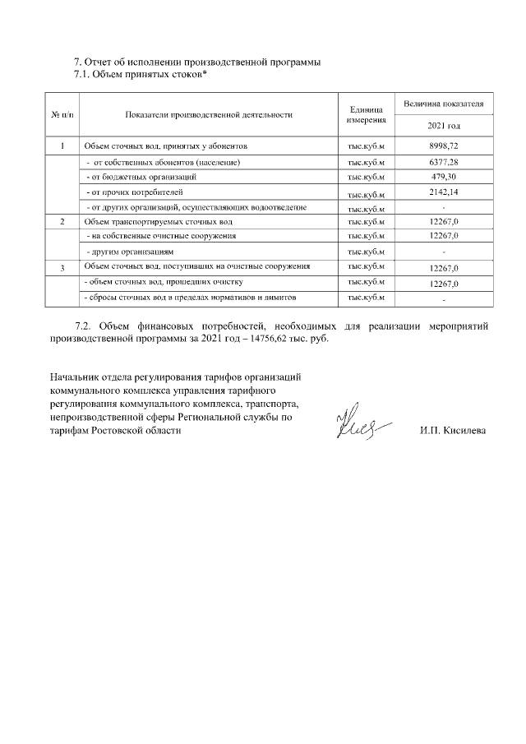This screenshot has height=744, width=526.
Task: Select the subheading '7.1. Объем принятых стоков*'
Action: pyautogui.click(x=141, y=76)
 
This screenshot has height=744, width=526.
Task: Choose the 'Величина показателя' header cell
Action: pyautogui.click(x=444, y=105)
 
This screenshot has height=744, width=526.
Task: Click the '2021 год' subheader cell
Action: pyautogui.click(x=444, y=126)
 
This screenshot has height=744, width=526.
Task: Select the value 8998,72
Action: pyautogui.click(x=444, y=146)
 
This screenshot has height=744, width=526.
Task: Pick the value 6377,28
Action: pyautogui.click(x=444, y=163)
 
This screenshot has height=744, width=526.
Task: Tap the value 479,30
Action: pyautogui.click(x=444, y=178)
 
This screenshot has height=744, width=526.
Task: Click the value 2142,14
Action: pyautogui.click(x=444, y=193)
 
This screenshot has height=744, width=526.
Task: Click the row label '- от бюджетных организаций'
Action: pyautogui.click(x=141, y=178)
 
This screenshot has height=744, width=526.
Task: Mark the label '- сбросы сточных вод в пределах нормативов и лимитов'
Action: pyautogui.click(x=191, y=297)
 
